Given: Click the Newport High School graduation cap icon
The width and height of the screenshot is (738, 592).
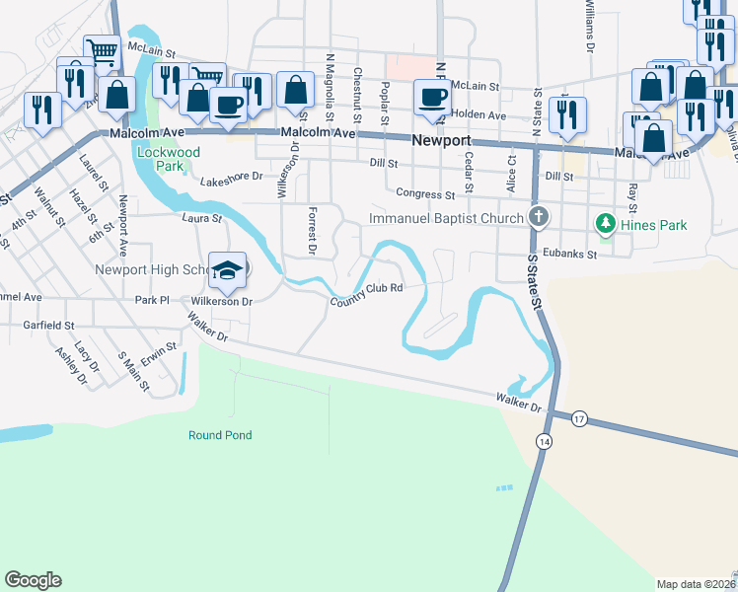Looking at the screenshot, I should [227, 270].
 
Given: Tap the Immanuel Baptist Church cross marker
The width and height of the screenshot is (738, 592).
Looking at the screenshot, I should [538, 216].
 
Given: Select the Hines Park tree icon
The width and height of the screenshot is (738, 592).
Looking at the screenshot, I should [605, 224].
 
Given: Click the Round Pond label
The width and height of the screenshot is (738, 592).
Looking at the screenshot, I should [220, 435].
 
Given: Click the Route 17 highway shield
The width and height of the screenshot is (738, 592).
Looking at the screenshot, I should [579, 419].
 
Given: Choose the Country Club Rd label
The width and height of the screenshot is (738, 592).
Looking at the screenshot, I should [367, 294].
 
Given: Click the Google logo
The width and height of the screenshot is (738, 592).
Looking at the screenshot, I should [33, 580].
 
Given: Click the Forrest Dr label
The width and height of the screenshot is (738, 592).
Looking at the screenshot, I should [311, 231].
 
